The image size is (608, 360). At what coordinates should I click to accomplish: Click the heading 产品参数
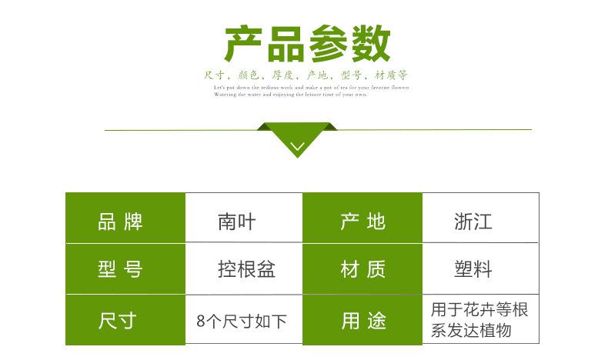[306, 45]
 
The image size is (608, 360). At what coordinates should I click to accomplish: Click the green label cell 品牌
[121, 223]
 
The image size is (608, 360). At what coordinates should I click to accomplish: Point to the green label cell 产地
[362, 223]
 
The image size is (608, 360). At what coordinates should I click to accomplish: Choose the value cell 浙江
[473, 223]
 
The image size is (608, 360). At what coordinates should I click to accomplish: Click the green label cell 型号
[121, 269]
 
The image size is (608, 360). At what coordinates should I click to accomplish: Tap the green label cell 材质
[362, 269]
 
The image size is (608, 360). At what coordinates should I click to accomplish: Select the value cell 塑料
[473, 269]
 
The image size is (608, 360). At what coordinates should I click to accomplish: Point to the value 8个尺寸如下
[242, 320]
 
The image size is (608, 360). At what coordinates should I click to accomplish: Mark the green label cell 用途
[362, 320]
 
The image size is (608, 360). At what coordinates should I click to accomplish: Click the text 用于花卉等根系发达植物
[479, 320]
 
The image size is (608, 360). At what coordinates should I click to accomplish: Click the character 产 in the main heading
[242, 45]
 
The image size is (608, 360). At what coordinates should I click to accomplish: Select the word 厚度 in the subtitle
[282, 75]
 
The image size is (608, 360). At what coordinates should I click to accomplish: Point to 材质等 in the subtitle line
[391, 75]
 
